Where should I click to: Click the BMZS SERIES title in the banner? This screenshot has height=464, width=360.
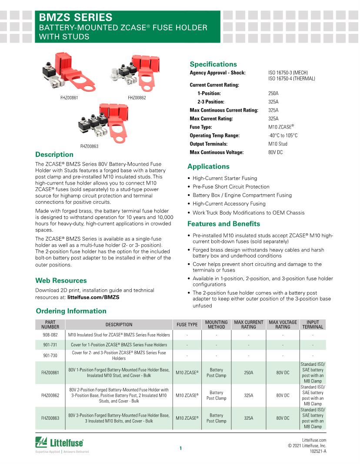[x=76, y=17]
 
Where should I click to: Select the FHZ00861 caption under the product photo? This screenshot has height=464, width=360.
[x=69, y=98]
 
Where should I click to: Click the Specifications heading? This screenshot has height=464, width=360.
[x=213, y=64]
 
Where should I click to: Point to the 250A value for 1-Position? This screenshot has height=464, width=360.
[x=273, y=93]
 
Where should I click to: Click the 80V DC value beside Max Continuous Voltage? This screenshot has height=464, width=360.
[x=276, y=152]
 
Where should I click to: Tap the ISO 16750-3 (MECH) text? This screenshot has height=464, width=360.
[x=289, y=73]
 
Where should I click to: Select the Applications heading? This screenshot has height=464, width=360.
[x=208, y=166]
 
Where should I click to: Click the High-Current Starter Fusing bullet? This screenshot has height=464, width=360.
[x=225, y=178]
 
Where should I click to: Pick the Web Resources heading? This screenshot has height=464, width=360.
[x=61, y=281]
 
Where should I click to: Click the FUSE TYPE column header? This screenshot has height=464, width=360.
[x=187, y=325]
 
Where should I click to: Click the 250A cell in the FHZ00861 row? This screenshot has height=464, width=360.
[x=249, y=373]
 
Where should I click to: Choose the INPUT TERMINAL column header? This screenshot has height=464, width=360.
[x=313, y=325]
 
